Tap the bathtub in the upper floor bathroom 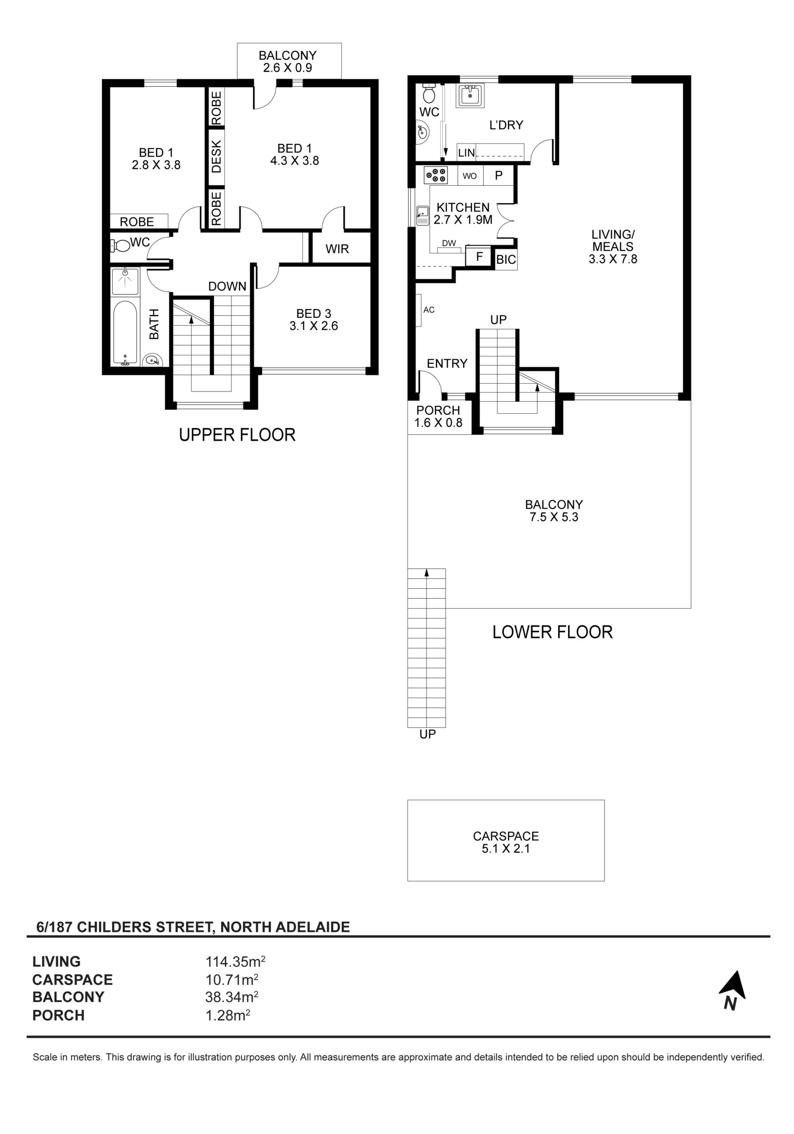coord(125,333)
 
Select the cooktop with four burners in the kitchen coord(435,175)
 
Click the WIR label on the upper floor coord(337,249)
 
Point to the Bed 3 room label coord(314,319)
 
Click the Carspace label coord(506,842)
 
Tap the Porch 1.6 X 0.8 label coord(438,416)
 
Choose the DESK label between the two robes coord(216,156)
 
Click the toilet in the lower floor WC coord(429,93)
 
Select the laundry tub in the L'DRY coord(471,96)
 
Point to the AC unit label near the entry coord(429,310)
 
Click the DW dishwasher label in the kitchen coord(449,243)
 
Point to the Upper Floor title coord(237,435)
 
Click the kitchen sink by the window coord(422,215)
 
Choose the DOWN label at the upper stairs coord(227,287)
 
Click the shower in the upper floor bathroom coord(125,281)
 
